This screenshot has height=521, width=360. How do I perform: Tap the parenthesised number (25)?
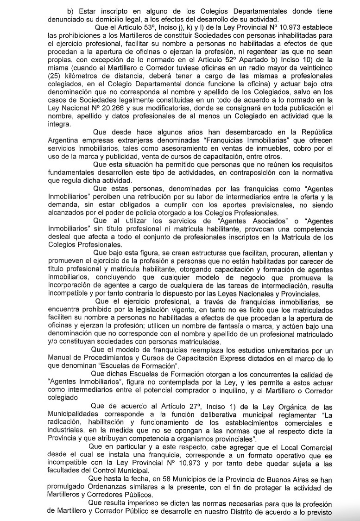coord(54,76)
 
